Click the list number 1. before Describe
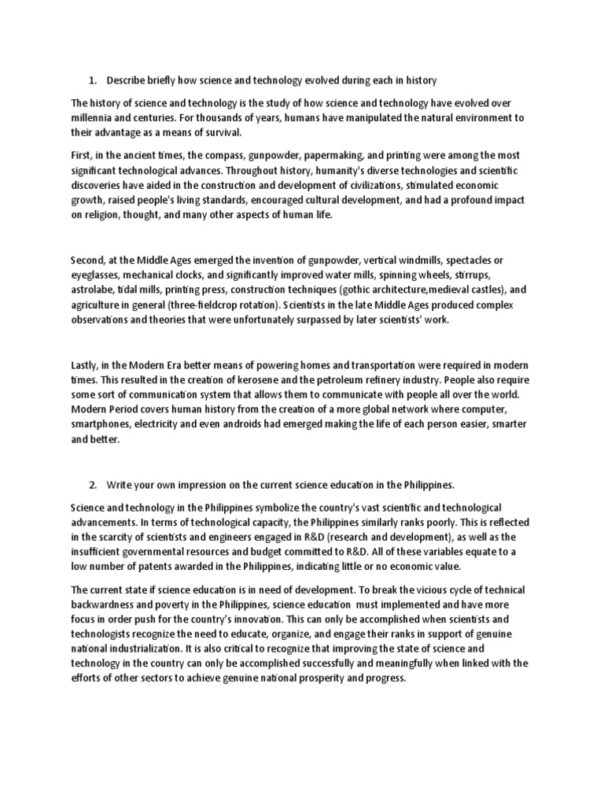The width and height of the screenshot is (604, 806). tap(92, 80)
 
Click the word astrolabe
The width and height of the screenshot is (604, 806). tap(93, 290)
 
